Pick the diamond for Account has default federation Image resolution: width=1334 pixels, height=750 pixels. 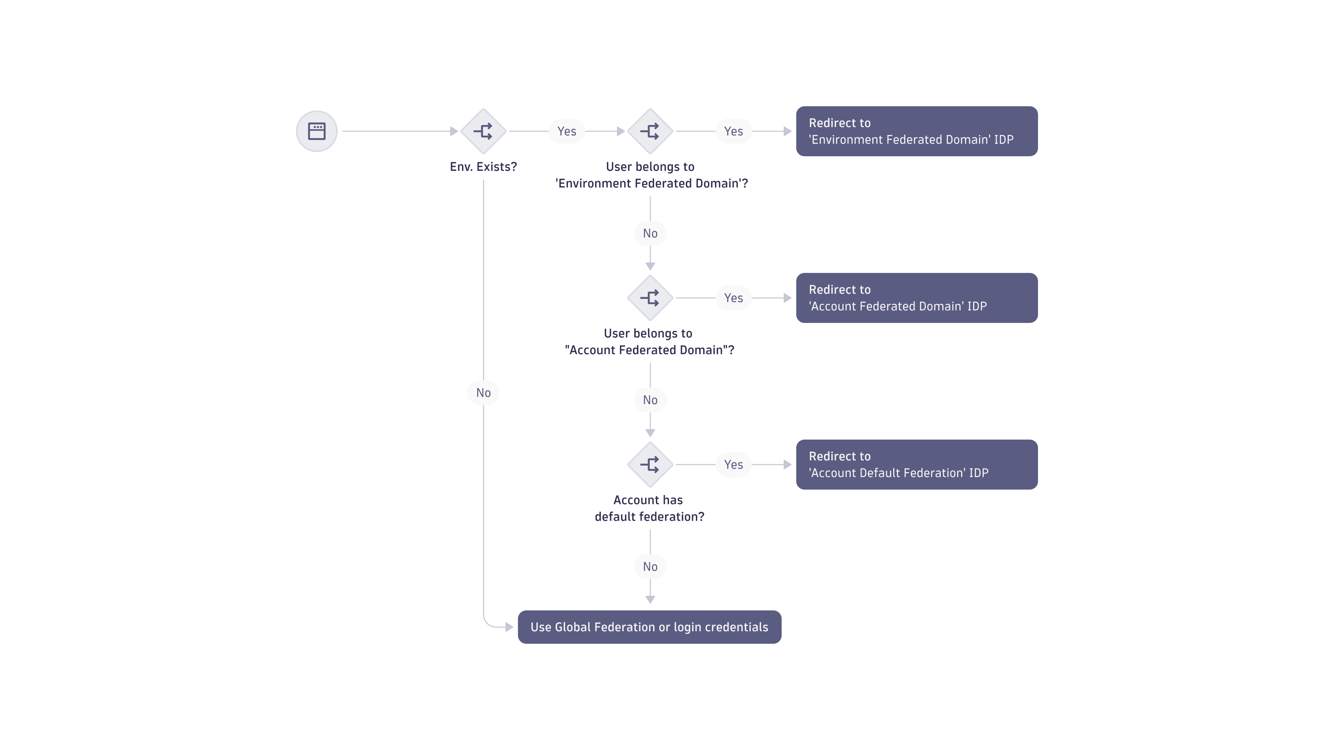650,464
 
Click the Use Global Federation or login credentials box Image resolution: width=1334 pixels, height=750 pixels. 649,627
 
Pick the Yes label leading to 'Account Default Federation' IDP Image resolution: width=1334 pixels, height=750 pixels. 733,464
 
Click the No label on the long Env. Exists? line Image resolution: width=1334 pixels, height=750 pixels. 483,392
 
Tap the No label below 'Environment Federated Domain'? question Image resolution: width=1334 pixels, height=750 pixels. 650,233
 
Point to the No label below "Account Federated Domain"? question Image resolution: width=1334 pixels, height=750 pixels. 650,400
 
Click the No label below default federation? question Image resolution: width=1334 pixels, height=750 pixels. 650,566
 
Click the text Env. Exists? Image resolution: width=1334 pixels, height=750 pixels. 483,167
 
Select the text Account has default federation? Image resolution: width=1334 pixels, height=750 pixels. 649,508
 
